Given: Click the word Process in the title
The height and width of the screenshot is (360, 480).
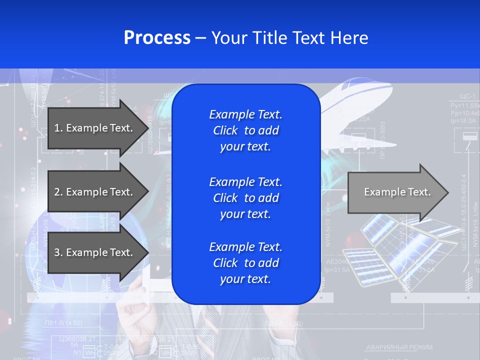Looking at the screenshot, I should [157, 38].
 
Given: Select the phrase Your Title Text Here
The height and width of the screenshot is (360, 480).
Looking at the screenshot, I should [289, 38].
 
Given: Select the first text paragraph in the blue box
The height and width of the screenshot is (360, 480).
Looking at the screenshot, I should [245, 130].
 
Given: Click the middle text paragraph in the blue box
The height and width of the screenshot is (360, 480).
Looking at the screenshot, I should [245, 197].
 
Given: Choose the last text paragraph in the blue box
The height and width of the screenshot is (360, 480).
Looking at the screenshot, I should [245, 263].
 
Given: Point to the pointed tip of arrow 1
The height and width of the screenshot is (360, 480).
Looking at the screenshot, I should [148, 128].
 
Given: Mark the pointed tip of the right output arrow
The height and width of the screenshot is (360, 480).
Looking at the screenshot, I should [448, 192].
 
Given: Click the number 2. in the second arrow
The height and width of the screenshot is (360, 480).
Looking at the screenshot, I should [58, 192].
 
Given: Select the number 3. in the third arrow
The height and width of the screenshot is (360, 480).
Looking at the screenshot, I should [58, 252].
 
